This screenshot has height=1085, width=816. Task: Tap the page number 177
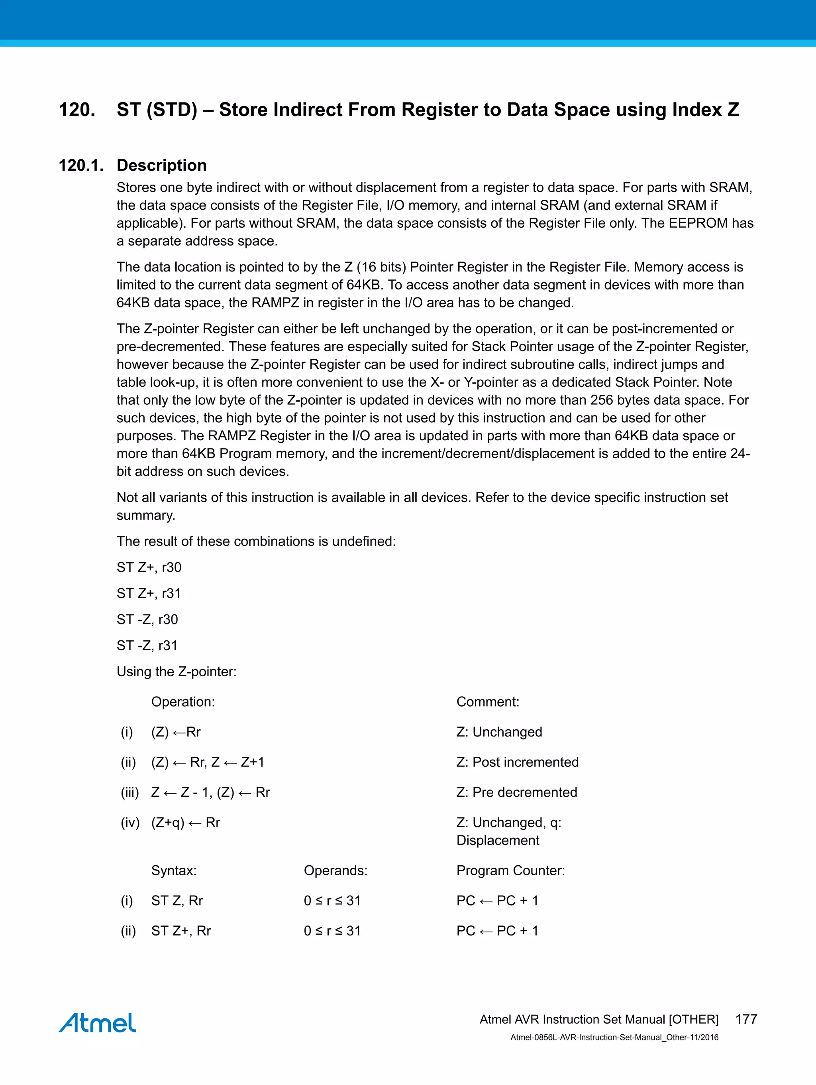click(746, 1019)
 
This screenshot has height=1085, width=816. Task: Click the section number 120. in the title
click(77, 110)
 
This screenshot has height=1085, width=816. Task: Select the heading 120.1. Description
click(132, 165)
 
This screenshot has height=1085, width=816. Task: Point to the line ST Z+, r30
click(149, 567)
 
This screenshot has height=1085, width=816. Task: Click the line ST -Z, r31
click(147, 646)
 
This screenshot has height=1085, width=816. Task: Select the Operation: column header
click(183, 702)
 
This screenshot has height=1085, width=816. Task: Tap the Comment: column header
click(488, 702)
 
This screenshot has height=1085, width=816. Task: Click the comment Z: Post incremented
click(518, 762)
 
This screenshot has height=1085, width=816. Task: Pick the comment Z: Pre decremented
click(516, 792)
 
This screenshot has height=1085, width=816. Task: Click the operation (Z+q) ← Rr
click(185, 823)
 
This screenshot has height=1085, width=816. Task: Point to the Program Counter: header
click(511, 870)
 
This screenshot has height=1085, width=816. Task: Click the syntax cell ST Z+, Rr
click(181, 931)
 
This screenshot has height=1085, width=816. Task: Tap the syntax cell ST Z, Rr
click(177, 900)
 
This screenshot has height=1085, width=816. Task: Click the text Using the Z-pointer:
click(177, 671)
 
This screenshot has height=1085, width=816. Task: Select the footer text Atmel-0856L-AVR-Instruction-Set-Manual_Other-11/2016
click(614, 1038)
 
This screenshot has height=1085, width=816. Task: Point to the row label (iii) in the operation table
click(130, 793)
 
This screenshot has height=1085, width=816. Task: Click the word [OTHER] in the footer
click(693, 1019)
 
